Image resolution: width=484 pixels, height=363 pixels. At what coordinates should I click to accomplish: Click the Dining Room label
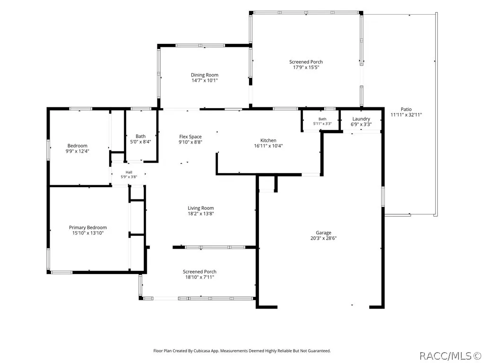point(204,75)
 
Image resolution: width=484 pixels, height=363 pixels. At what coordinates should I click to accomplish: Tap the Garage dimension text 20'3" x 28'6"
point(323,238)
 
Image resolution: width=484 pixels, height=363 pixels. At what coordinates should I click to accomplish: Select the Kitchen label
point(268,140)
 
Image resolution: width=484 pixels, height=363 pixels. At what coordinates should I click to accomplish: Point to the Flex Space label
point(190,137)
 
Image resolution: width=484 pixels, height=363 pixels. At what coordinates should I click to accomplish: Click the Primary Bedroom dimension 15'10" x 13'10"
point(88,233)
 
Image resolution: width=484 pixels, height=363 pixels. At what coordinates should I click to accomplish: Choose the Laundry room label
point(361,119)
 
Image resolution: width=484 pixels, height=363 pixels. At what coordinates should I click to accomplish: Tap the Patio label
point(406,109)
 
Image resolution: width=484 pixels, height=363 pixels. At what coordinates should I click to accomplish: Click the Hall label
point(129,172)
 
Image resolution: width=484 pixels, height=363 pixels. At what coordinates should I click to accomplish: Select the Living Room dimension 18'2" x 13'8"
point(201,214)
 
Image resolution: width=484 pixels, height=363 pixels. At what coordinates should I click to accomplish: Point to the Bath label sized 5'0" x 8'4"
point(140,136)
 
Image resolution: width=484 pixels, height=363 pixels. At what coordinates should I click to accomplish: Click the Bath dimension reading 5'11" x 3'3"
point(322,123)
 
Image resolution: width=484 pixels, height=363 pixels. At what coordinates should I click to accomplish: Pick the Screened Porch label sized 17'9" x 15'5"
point(306,62)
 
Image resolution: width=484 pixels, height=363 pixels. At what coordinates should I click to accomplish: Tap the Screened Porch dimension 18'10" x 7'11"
point(199,277)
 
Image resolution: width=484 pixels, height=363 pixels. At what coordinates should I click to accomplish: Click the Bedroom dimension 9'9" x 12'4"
point(78,151)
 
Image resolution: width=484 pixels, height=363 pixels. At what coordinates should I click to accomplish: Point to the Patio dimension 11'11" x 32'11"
point(406,115)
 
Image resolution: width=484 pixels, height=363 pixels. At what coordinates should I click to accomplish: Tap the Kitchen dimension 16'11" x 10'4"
point(268,146)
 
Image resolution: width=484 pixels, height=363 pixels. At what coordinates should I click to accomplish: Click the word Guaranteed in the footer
point(320,351)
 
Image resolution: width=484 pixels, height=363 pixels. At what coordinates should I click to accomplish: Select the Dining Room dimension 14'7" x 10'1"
point(205,80)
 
